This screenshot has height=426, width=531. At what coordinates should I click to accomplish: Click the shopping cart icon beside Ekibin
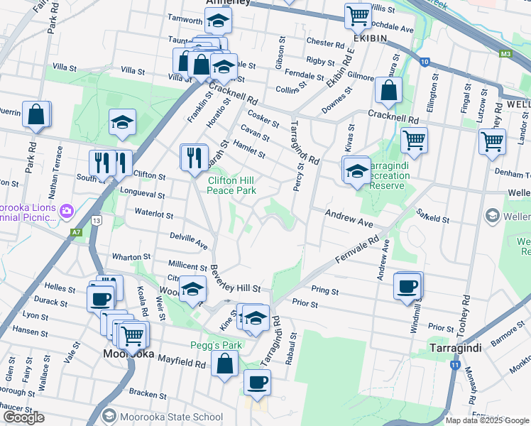click(x=358, y=14)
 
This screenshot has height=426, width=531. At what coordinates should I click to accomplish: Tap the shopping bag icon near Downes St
click(x=388, y=90)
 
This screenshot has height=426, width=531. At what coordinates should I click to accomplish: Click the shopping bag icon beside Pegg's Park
click(x=225, y=364)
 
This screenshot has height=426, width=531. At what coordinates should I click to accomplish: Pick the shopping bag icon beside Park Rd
click(x=36, y=114)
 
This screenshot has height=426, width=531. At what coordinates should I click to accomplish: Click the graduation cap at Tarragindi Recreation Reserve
click(x=357, y=171)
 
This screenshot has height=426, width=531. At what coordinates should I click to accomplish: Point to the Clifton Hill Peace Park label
click(x=231, y=185)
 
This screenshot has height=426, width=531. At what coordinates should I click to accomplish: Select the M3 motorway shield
click(x=505, y=53)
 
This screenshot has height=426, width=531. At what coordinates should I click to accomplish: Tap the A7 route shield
click(x=76, y=231)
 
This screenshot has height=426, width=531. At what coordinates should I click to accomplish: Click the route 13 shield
click(x=97, y=221)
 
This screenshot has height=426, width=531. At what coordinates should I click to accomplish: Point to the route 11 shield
click(x=454, y=365)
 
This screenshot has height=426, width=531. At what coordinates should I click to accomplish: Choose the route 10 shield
click(x=424, y=62)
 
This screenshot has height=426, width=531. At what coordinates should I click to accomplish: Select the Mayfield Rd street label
click(x=181, y=363)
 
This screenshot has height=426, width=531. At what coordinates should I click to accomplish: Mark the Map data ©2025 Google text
click(x=486, y=420)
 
